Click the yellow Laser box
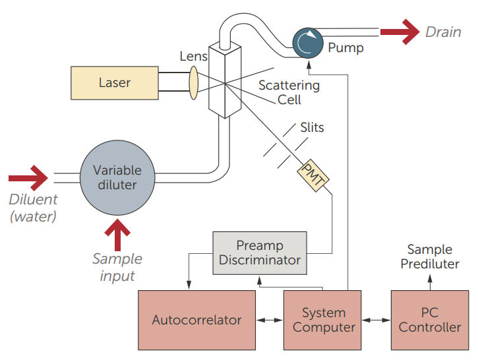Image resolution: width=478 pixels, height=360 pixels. click(114, 83)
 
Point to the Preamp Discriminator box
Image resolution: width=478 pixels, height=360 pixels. click(260, 253)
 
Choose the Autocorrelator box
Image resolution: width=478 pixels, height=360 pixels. click(196, 320)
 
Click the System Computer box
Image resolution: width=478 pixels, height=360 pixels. click(324, 320)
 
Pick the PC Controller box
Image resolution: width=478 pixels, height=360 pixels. click(430, 320)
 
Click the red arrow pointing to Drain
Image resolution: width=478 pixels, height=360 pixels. click(400, 32)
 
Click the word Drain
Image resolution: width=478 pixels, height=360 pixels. click(443, 32)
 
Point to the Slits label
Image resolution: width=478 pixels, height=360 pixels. click(312, 127)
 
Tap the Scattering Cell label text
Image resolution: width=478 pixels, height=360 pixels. click(289, 92)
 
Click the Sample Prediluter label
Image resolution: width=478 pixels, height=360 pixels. click(429, 256)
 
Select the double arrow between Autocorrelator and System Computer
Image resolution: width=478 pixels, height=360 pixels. click(269, 320)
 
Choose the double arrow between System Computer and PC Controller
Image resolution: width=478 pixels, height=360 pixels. click(377, 320)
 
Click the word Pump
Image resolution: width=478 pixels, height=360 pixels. click(345, 47)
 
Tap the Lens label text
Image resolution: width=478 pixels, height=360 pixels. click(193, 56)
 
